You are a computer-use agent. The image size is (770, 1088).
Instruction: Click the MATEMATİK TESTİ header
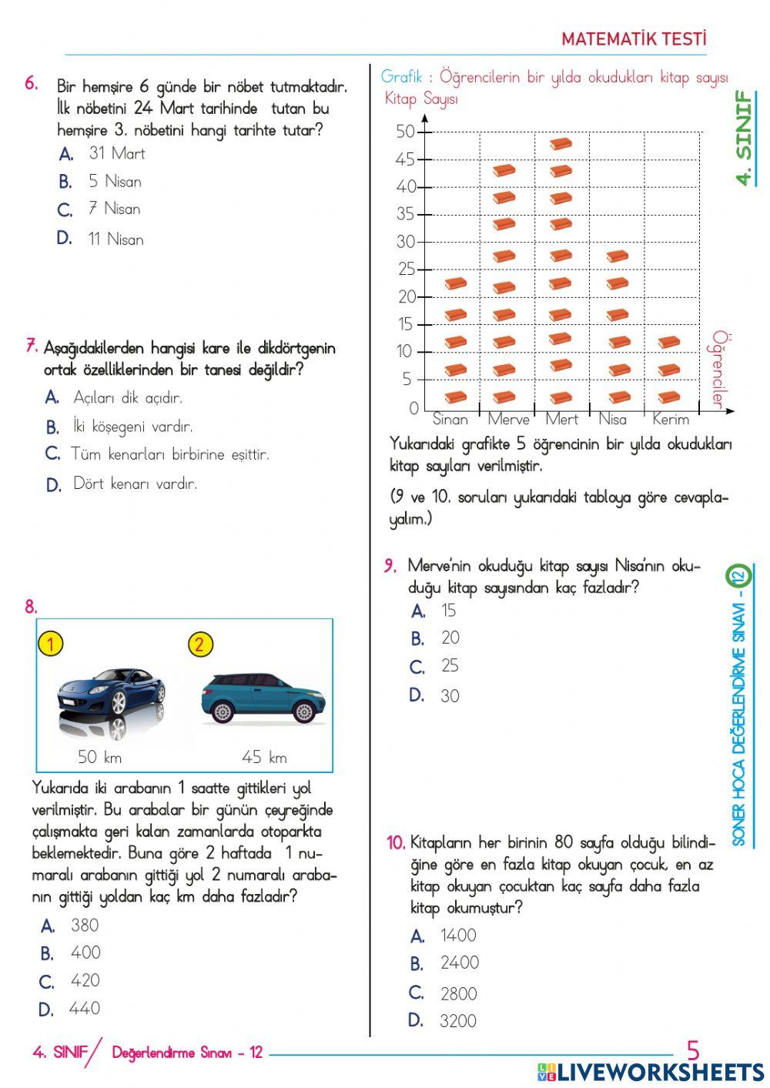pyautogui.click(x=633, y=39)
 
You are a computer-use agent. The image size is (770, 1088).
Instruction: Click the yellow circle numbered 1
pyautogui.click(x=50, y=644)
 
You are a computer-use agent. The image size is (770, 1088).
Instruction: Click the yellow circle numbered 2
pyautogui.click(x=199, y=644)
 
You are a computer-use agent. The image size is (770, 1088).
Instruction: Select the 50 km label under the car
pyautogui.click(x=99, y=757)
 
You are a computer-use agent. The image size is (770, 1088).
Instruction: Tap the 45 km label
pyautogui.click(x=264, y=757)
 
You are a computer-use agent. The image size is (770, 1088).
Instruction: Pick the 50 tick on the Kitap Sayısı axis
pyautogui.click(x=406, y=132)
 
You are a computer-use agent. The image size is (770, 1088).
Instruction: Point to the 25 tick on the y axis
pyautogui.click(x=406, y=269)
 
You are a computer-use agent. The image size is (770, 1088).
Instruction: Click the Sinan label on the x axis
pyautogui.click(x=450, y=420)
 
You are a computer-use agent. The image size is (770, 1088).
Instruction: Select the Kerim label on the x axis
pyautogui.click(x=670, y=420)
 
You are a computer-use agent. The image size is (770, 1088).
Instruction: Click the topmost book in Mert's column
pyautogui.click(x=561, y=144)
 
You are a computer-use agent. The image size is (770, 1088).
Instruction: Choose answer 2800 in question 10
pyautogui.click(x=458, y=993)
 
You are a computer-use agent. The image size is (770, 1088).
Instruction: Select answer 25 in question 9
pyautogui.click(x=450, y=666)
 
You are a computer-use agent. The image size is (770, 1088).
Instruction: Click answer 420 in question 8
pyautogui.click(x=85, y=981)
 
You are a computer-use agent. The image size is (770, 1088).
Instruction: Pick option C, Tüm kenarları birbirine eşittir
pyautogui.click(x=169, y=454)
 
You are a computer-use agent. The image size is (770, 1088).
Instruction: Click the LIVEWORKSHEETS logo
pyautogui.click(x=651, y=1072)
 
